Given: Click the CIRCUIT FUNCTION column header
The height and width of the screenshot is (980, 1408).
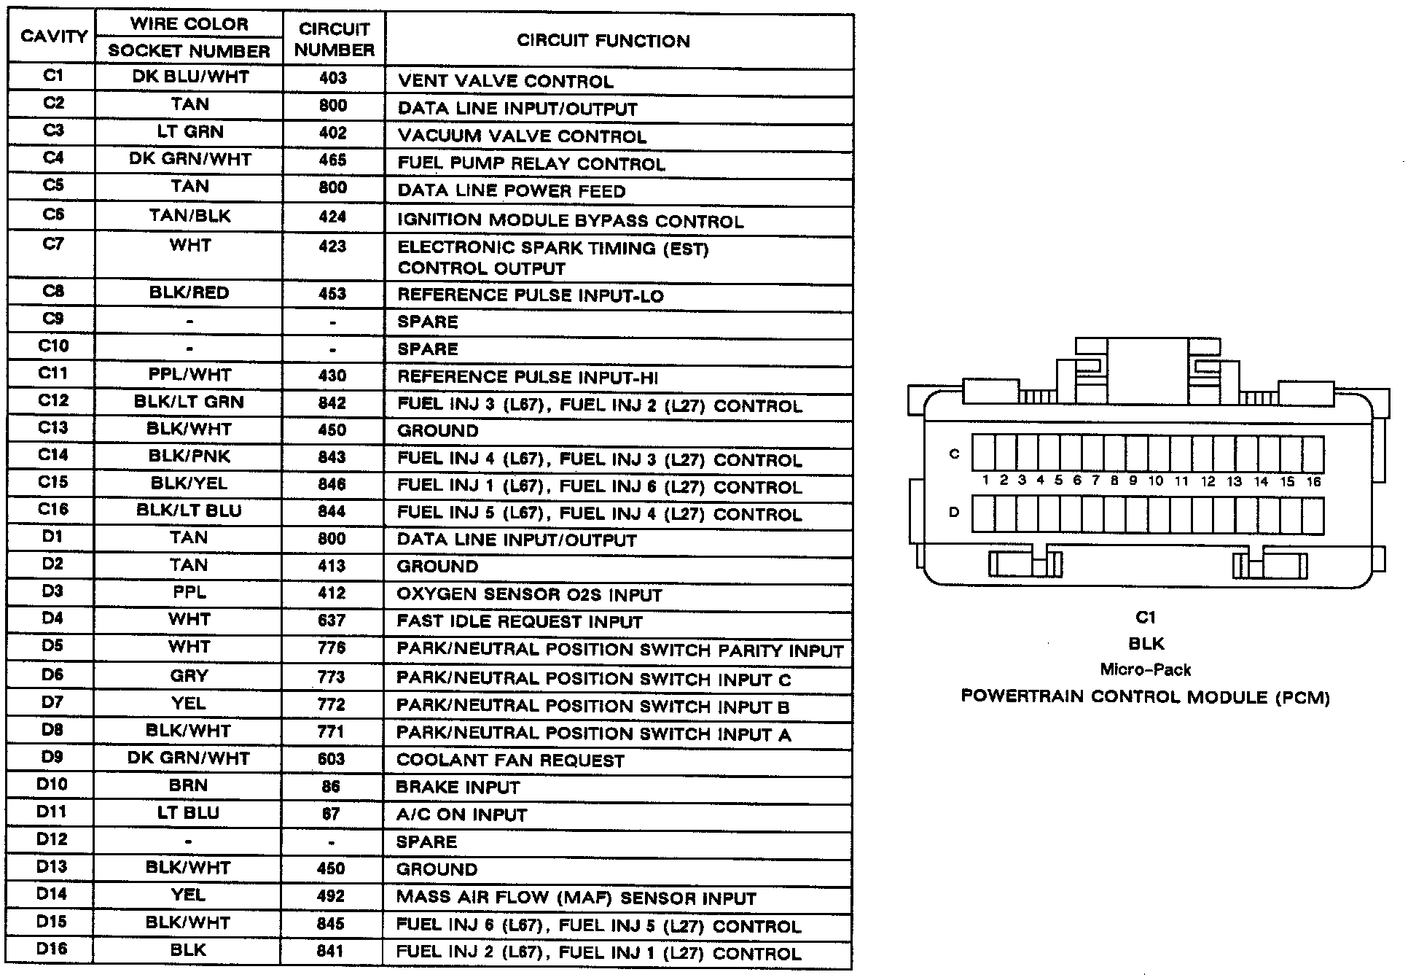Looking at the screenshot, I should [x=603, y=41].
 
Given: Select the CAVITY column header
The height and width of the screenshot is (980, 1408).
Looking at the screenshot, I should [x=54, y=36].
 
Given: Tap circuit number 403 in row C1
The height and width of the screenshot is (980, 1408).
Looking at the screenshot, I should [x=333, y=78].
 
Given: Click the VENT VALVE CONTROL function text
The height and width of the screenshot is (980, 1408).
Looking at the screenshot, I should [x=506, y=82].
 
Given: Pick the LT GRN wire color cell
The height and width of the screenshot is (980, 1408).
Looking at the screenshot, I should [x=189, y=132].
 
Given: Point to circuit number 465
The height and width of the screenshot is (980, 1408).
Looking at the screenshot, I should [x=333, y=160].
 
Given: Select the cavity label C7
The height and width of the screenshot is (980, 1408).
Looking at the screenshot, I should [x=53, y=244].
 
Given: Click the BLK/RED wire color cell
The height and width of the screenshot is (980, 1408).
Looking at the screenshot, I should [x=189, y=293].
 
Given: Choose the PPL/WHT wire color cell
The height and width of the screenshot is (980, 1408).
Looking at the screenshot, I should [x=189, y=375].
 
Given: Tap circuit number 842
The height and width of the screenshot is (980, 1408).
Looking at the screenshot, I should [x=332, y=403].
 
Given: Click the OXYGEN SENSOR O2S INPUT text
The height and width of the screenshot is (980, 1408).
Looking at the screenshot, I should [x=529, y=595].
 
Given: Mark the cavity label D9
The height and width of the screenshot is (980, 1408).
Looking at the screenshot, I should [x=52, y=757].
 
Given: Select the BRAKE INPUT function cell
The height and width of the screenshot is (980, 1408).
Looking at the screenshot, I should [x=458, y=787].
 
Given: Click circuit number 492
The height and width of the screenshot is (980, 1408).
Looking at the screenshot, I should [x=331, y=896].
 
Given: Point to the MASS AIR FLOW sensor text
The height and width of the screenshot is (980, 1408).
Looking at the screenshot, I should [x=576, y=898].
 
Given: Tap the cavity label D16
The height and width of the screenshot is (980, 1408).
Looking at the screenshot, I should [x=52, y=949].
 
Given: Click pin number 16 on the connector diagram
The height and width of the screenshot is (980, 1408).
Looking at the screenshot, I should [x=1313, y=481].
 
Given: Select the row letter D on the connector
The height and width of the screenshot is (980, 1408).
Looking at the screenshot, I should [x=954, y=513].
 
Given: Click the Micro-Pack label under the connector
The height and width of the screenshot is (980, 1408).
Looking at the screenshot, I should [x=1146, y=669].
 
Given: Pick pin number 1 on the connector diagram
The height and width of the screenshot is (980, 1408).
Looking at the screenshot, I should [x=985, y=480].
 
